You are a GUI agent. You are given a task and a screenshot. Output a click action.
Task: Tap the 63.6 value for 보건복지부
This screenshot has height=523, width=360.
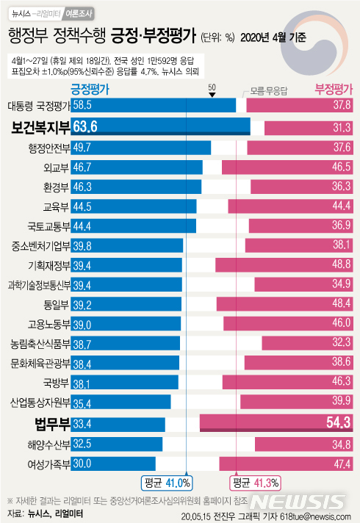pos(85,126)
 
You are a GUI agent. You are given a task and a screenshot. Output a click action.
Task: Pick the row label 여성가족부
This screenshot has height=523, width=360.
pos(48,464)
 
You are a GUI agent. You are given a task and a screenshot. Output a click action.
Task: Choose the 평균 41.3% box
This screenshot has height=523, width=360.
pos(254,483)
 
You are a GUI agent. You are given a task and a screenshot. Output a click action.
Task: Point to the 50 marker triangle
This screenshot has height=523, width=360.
pos(212,94)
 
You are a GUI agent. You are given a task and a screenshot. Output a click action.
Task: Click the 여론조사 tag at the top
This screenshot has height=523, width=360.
pos(81,12)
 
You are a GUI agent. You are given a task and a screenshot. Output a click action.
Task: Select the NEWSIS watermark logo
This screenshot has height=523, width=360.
pos(298,502)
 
